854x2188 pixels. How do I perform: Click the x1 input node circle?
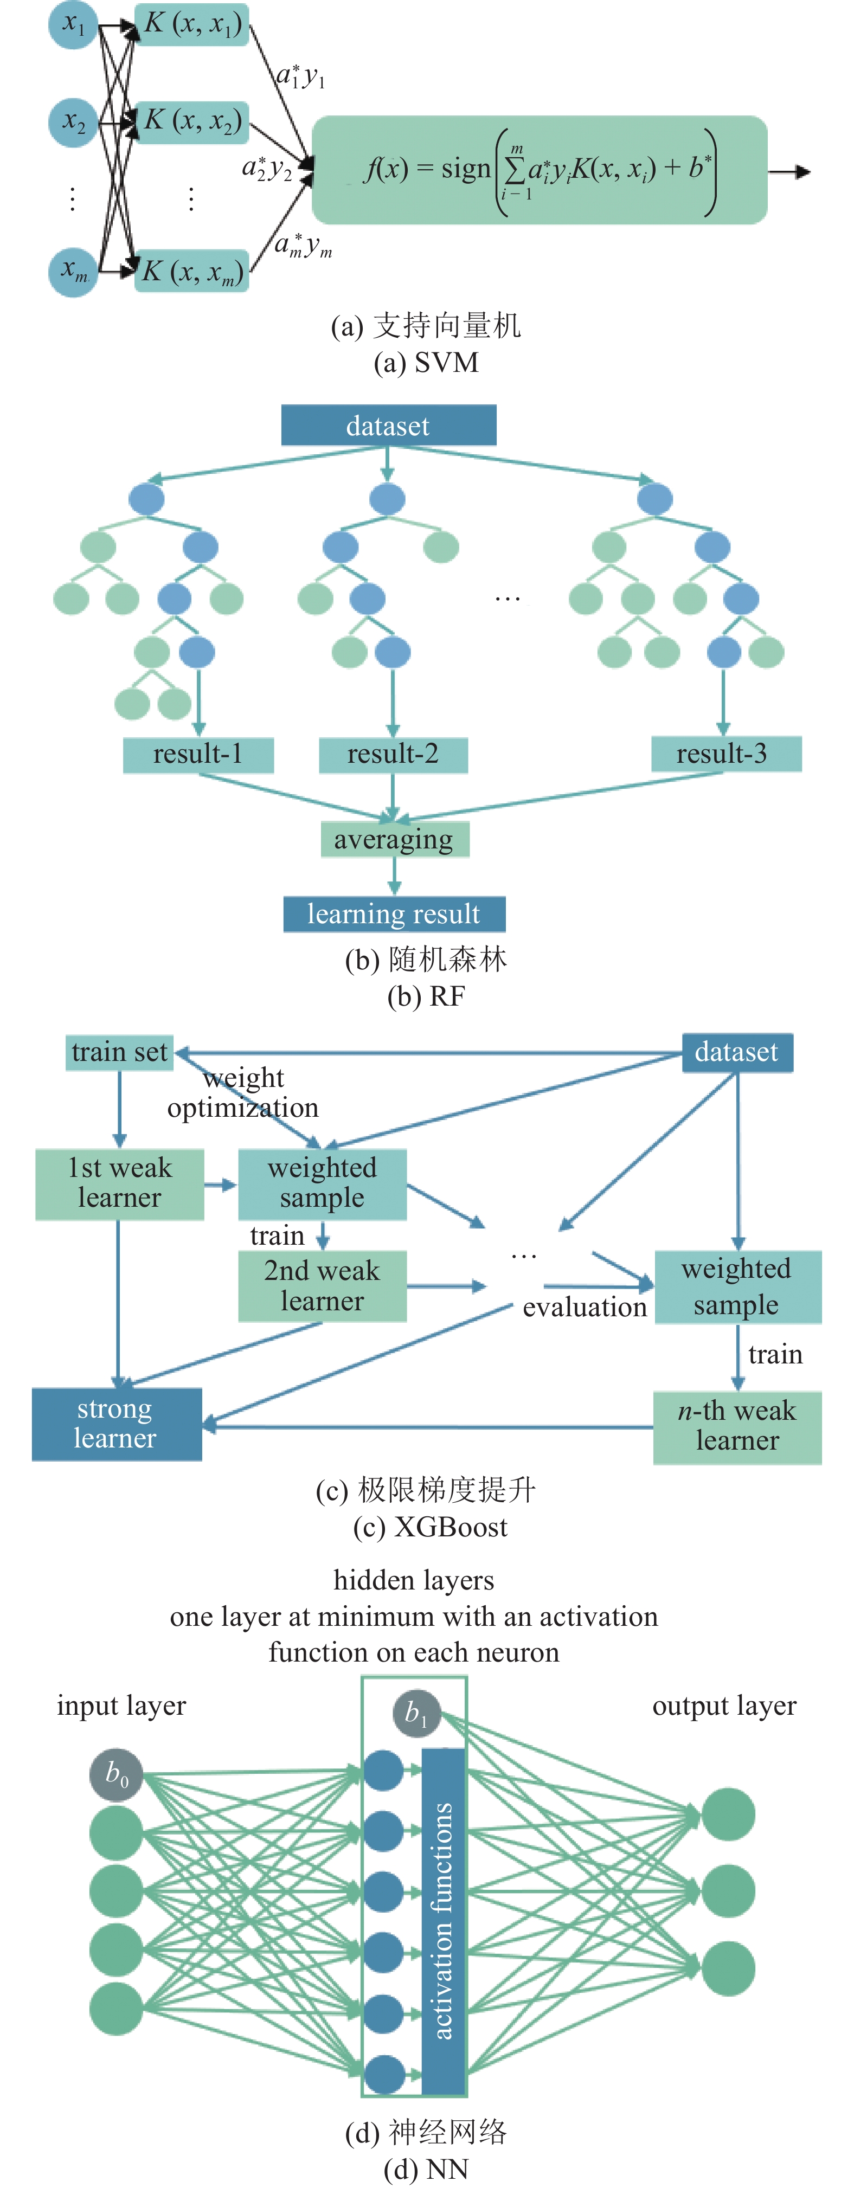74,24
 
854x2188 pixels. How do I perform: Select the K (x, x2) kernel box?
192,120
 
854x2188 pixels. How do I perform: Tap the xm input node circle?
74,272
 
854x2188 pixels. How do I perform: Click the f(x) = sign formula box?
540,170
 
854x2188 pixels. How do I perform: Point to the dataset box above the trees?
388,424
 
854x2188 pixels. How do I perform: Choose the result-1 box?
198,754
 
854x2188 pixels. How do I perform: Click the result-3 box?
725,754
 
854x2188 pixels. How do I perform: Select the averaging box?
394,839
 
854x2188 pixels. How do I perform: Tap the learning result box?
394,914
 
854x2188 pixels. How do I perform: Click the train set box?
120,1052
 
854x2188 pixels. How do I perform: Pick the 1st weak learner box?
120,1184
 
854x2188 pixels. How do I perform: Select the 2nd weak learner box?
322,1286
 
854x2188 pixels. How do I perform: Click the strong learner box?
117,1424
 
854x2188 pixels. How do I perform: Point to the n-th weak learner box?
737,1427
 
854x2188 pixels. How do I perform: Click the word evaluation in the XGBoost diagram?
585,1307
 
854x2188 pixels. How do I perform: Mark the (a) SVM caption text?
427,363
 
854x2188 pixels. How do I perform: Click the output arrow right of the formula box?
789,171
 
